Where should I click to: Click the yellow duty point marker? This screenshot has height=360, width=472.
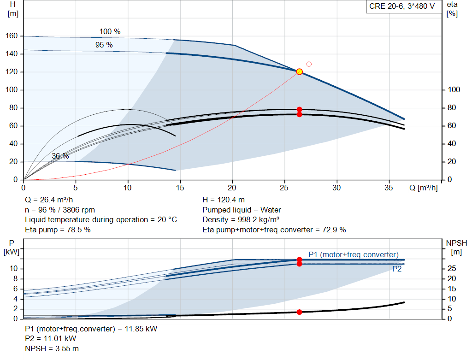299,71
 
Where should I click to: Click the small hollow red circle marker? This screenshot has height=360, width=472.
309,64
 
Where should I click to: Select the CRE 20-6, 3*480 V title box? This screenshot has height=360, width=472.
402,6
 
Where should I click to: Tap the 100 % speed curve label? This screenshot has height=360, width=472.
110,32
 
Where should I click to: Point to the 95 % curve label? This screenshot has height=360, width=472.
104,45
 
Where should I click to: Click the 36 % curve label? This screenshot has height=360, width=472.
60,156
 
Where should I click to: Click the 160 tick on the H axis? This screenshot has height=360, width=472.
12,36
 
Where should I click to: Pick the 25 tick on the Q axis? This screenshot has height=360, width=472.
284,188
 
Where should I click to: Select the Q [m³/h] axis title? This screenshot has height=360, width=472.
423,188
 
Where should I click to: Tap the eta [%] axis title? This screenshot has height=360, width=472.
452,9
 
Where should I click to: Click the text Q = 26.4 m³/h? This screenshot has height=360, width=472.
49,200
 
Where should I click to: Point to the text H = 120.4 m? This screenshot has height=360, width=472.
224,200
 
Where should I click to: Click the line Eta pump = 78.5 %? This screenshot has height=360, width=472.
58,230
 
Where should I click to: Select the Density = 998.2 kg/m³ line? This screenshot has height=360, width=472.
241,220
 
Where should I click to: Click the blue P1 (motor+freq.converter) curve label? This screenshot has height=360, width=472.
354,254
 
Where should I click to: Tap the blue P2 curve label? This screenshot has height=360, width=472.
397,269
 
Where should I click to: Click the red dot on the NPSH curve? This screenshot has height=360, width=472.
299,312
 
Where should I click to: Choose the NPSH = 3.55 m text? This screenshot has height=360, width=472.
52,348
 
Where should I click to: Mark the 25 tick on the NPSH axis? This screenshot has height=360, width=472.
452,268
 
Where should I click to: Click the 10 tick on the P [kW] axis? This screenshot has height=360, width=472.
13,268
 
